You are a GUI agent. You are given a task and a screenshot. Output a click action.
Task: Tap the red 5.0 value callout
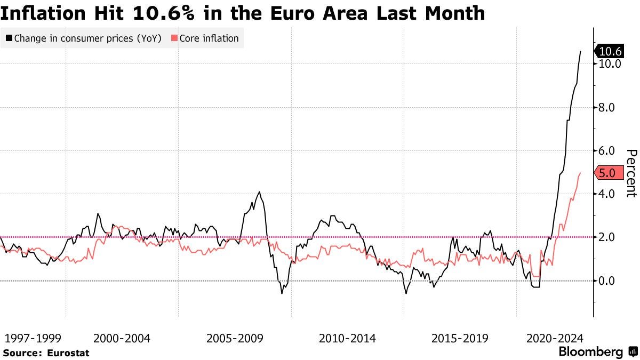tap(609, 173)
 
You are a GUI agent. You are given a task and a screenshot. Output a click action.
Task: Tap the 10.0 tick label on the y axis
tap(610, 63)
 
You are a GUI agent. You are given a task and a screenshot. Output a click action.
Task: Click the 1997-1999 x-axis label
tap(33, 338)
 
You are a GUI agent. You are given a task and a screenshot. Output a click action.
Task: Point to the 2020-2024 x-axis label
tap(555, 338)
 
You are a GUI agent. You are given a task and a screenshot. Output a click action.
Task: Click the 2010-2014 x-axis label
tap(347, 338)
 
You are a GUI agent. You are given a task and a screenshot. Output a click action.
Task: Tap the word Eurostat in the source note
tap(68, 353)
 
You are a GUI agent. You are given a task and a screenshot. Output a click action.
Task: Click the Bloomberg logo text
tap(590, 352)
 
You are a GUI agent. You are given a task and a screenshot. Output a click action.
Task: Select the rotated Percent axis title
tap(631, 173)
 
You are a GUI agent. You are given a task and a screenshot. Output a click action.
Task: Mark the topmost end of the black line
tap(580, 51)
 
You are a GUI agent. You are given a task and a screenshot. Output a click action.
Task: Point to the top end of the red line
tap(580, 173)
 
